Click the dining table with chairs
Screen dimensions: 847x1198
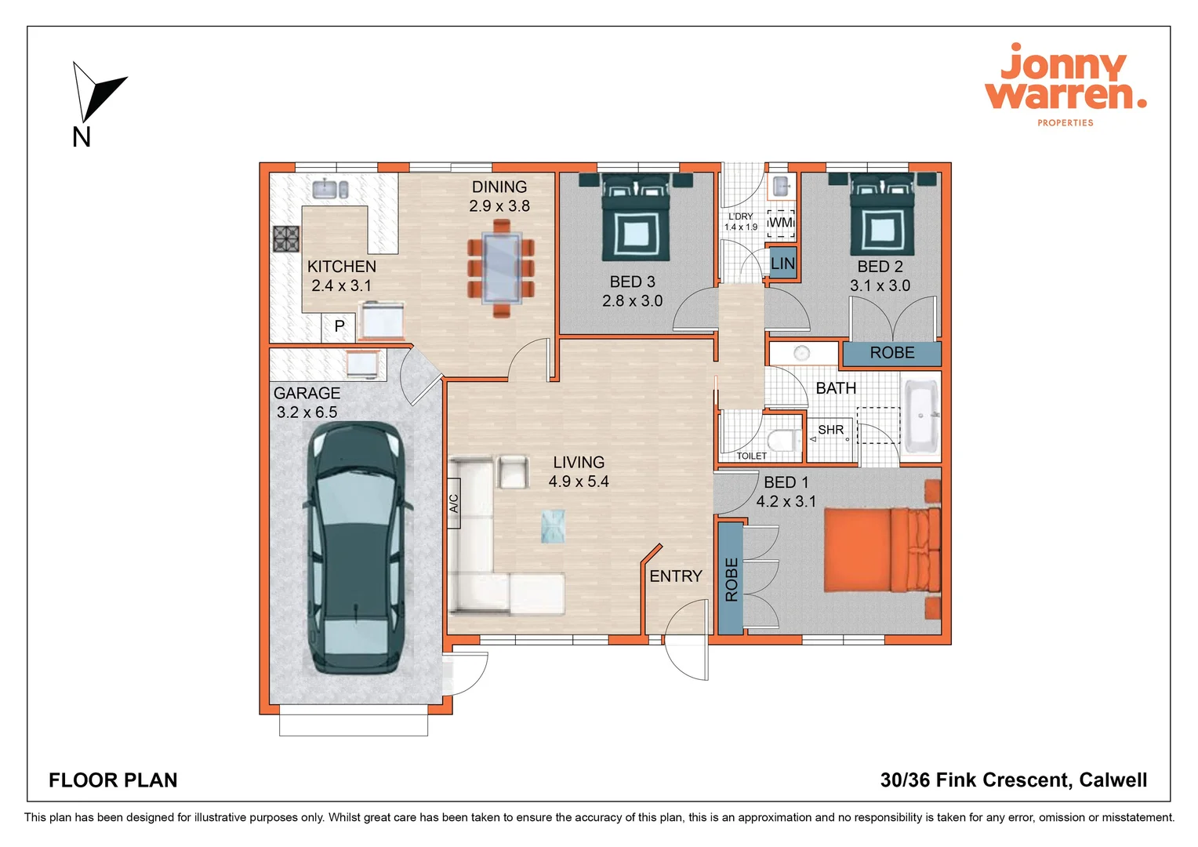click(x=501, y=267)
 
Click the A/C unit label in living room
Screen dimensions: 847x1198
click(x=454, y=503)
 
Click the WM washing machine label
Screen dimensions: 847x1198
click(x=780, y=223)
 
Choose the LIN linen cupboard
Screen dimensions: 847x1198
click(x=782, y=264)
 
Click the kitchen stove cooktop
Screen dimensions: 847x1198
click(x=286, y=238)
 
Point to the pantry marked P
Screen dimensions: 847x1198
click(x=339, y=326)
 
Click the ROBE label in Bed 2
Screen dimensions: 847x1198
click(x=891, y=353)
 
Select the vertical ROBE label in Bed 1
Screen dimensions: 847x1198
click(x=731, y=579)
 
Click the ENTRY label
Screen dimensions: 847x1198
click(x=675, y=576)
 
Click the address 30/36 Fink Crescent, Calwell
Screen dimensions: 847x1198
click(x=1013, y=780)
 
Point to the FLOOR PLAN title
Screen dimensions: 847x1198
click(x=113, y=780)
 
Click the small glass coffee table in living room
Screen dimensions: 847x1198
click(x=553, y=526)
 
